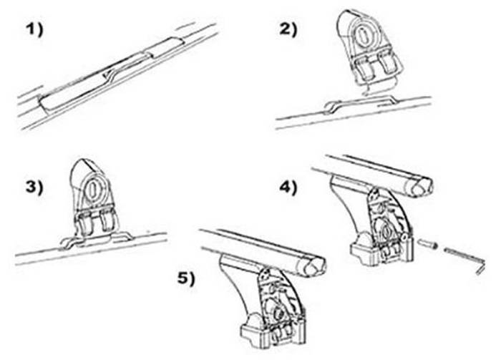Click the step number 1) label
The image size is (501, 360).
pos(34,30)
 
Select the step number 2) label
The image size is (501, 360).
pos(288,30)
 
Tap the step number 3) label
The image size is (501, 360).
pos(34,188)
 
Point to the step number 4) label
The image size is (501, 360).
pos(288,188)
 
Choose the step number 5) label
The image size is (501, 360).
pos(186,279)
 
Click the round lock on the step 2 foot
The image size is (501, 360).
pos(364,34)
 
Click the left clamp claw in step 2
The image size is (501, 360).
pos(364,68)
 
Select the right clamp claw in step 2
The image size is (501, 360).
pos(389,64)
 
